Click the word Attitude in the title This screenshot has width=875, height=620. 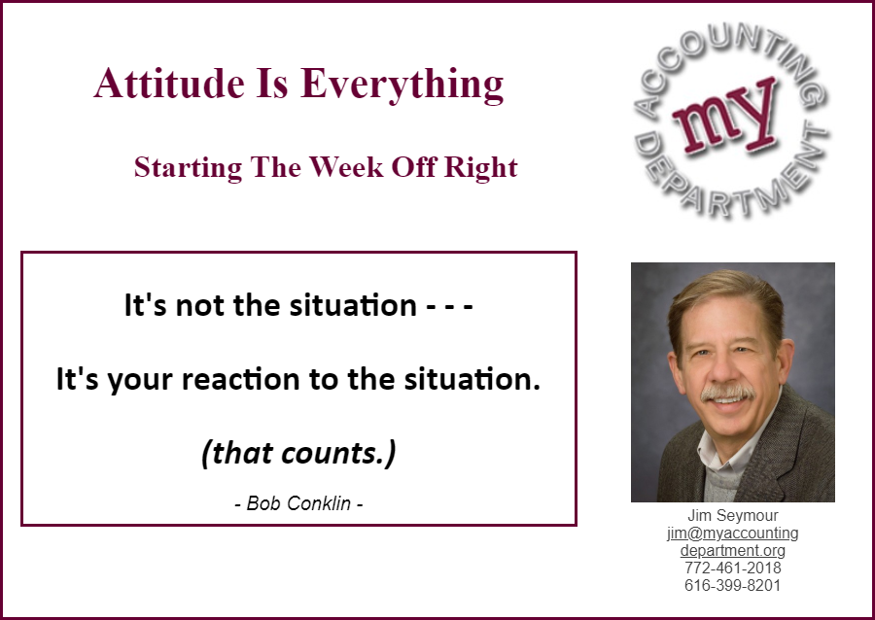click(169, 83)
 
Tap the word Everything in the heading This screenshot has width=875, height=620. click(402, 86)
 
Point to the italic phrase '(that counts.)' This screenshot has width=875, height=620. click(298, 453)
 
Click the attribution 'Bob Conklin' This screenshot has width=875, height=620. click(298, 503)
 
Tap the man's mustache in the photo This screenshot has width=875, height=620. click(727, 392)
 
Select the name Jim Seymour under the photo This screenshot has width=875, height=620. click(733, 515)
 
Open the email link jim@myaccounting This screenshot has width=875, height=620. click(733, 533)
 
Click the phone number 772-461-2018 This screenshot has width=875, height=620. click(733, 568)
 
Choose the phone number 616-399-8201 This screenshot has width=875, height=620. click(733, 585)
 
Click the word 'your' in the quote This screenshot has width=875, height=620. click(140, 381)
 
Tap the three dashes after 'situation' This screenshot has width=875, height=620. click(450, 306)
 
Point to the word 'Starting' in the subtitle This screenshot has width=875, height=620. click(188, 168)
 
